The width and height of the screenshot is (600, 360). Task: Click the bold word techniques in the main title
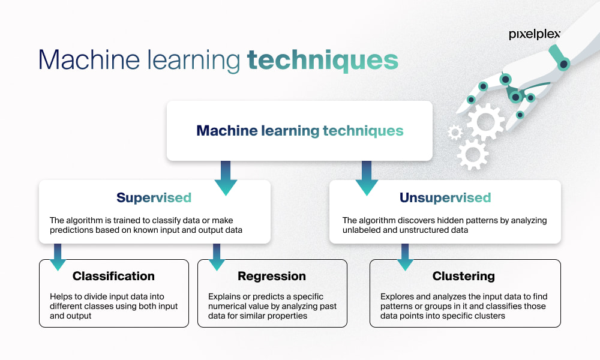click(322, 60)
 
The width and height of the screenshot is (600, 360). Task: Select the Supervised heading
click(154, 197)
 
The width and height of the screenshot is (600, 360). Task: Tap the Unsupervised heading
click(445, 197)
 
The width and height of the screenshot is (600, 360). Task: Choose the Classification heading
click(113, 276)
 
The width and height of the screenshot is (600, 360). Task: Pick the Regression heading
click(272, 276)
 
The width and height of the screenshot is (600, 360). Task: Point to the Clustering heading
click(464, 276)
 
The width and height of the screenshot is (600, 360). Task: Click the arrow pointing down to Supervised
click(226, 178)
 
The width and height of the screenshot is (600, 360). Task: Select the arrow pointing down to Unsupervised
click(367, 178)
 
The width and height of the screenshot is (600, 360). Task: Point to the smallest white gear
click(455, 132)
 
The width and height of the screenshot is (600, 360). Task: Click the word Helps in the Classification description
click(60, 296)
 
